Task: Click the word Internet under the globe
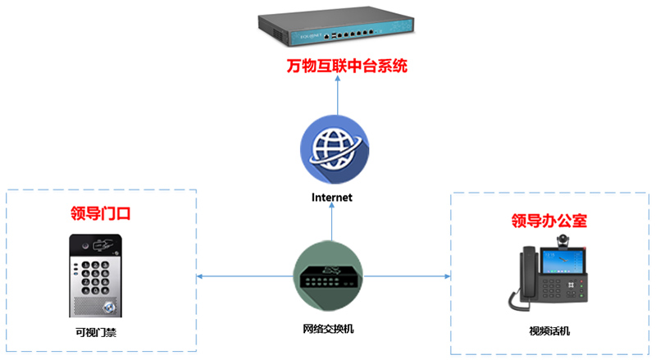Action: [332, 198]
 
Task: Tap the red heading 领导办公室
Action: [549, 221]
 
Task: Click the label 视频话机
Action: [549, 331]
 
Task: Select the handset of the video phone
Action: [519, 279]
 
